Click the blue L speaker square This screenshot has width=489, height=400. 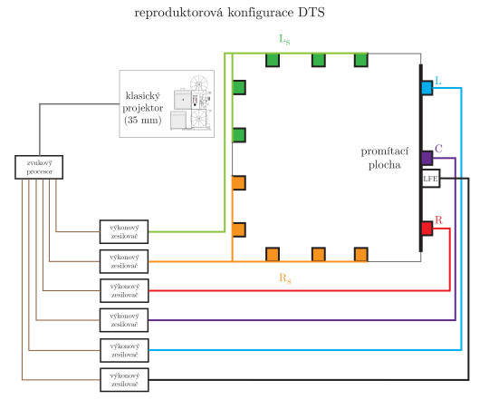427,88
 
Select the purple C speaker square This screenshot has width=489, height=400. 427,158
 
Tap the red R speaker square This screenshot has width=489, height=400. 427,228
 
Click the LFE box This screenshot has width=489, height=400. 430,179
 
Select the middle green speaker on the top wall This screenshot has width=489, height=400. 317,60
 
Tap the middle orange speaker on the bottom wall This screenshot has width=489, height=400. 317,253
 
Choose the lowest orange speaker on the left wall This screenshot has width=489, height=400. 239,229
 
